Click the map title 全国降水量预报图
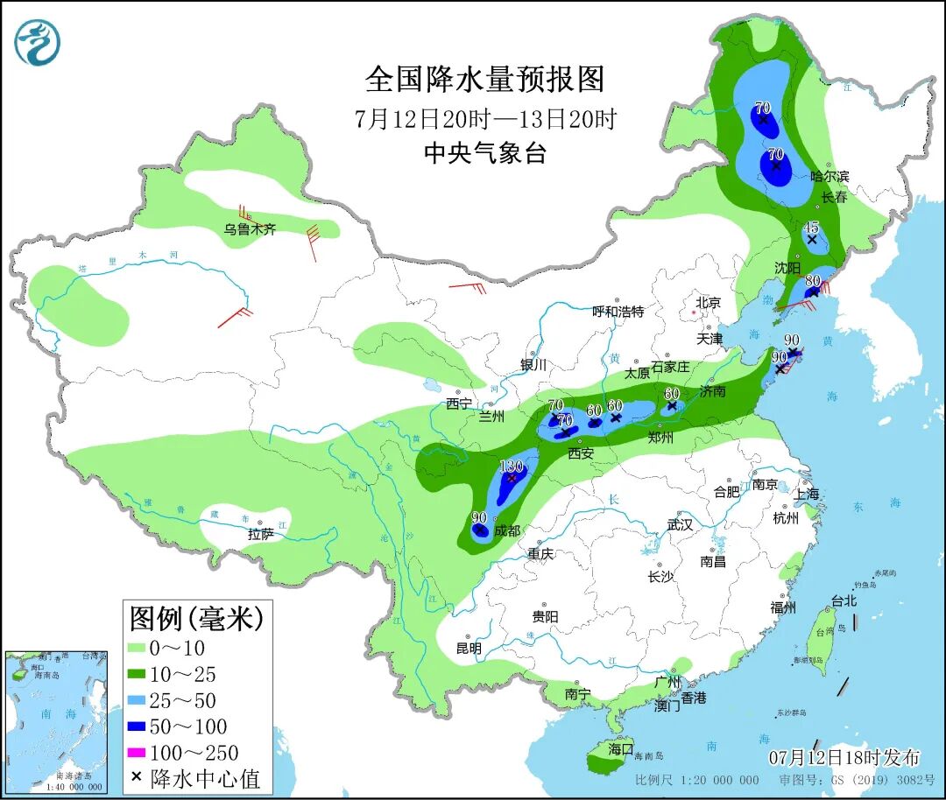(484, 80)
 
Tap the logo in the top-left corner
(38, 41)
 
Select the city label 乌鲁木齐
(250, 229)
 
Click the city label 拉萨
(261, 534)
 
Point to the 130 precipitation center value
(511, 466)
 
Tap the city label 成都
(506, 530)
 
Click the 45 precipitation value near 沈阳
(811, 227)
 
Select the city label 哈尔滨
(829, 176)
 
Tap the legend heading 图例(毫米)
(196, 619)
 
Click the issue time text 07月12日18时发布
(844, 756)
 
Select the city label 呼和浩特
(618, 311)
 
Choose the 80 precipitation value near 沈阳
(812, 281)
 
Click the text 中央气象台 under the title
(484, 153)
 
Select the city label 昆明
(469, 649)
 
